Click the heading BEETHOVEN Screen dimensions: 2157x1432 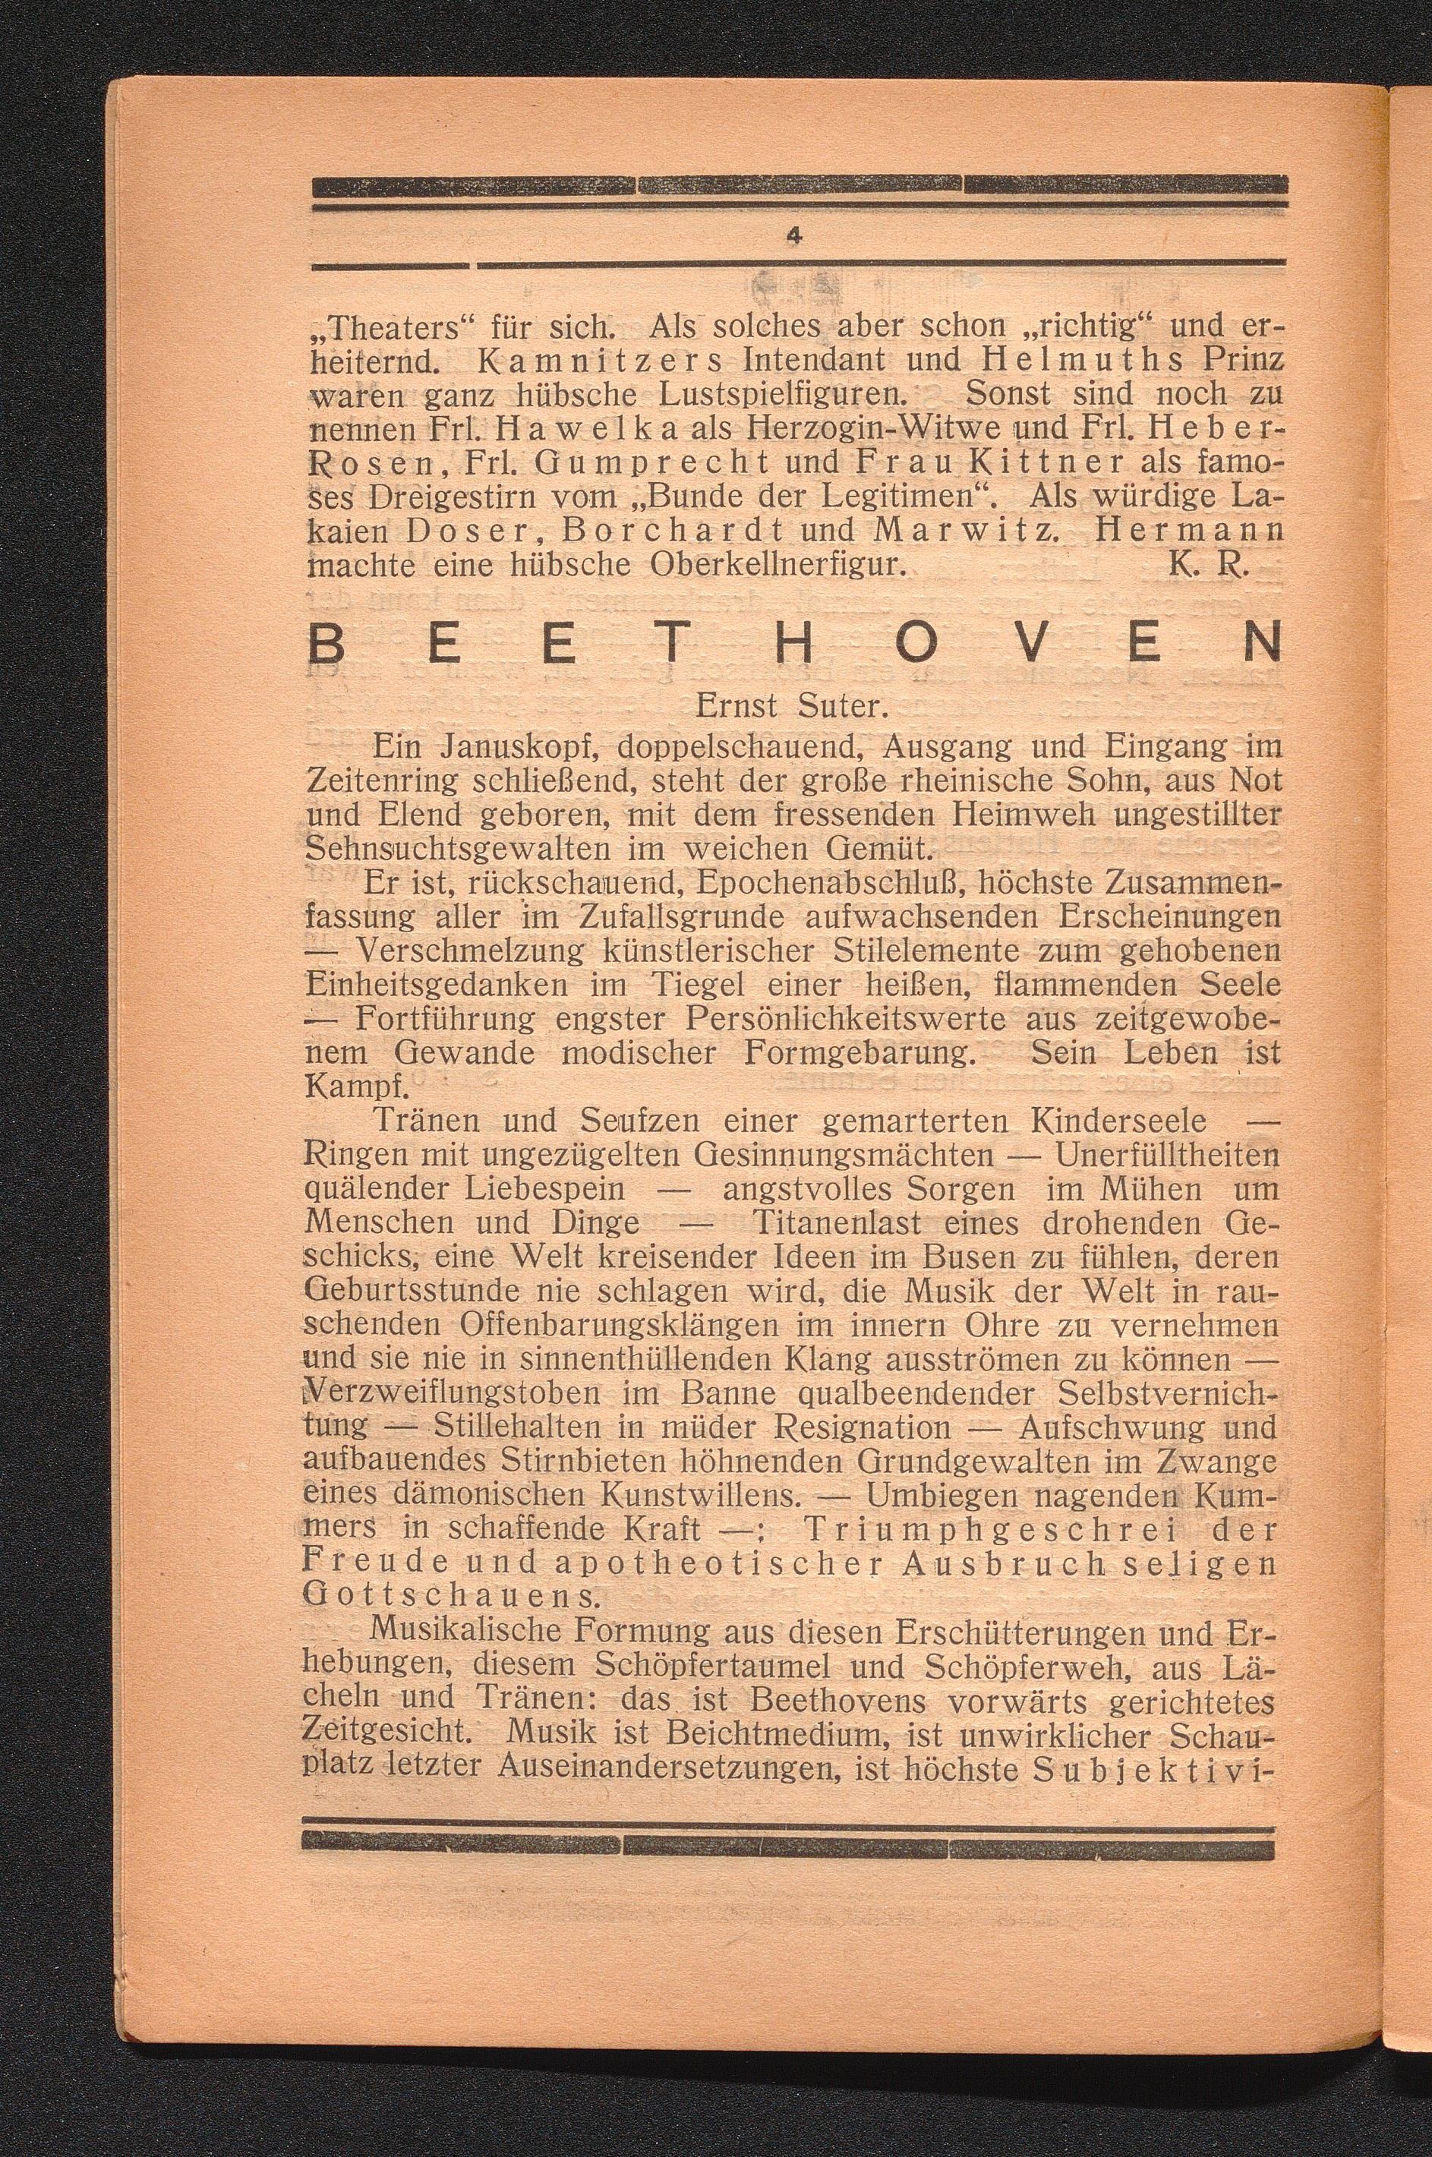(x=793, y=650)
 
